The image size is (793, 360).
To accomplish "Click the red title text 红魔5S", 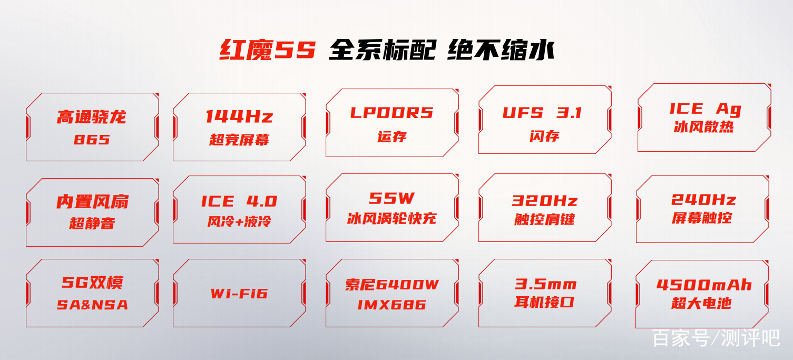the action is coord(267,50).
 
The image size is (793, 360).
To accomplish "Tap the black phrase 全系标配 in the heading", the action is coord(382,50).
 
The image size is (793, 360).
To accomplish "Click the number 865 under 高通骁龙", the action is coord(92,140).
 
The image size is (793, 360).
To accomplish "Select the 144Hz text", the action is coord(239,116).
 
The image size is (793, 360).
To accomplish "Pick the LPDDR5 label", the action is coord(391,113).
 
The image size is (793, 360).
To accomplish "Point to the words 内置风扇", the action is coord(92,201).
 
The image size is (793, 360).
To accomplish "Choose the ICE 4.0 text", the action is coord(239,201).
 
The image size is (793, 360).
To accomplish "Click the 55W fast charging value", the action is coord(391,198).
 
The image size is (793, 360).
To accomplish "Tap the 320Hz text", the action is coord(544,201).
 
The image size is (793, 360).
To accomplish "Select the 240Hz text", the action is coord(703,200).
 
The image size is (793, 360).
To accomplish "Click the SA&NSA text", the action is coord(92,305).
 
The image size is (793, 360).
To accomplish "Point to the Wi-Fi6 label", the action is coord(239,294).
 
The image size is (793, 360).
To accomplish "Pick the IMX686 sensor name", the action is coord(391,305).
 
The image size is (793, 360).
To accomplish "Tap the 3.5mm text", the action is coord(545,284).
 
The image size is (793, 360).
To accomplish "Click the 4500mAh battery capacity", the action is coord(704,285).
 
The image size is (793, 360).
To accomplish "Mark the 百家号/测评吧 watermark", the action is coord(716,338).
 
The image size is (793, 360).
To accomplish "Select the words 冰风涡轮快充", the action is coord(391,218).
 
